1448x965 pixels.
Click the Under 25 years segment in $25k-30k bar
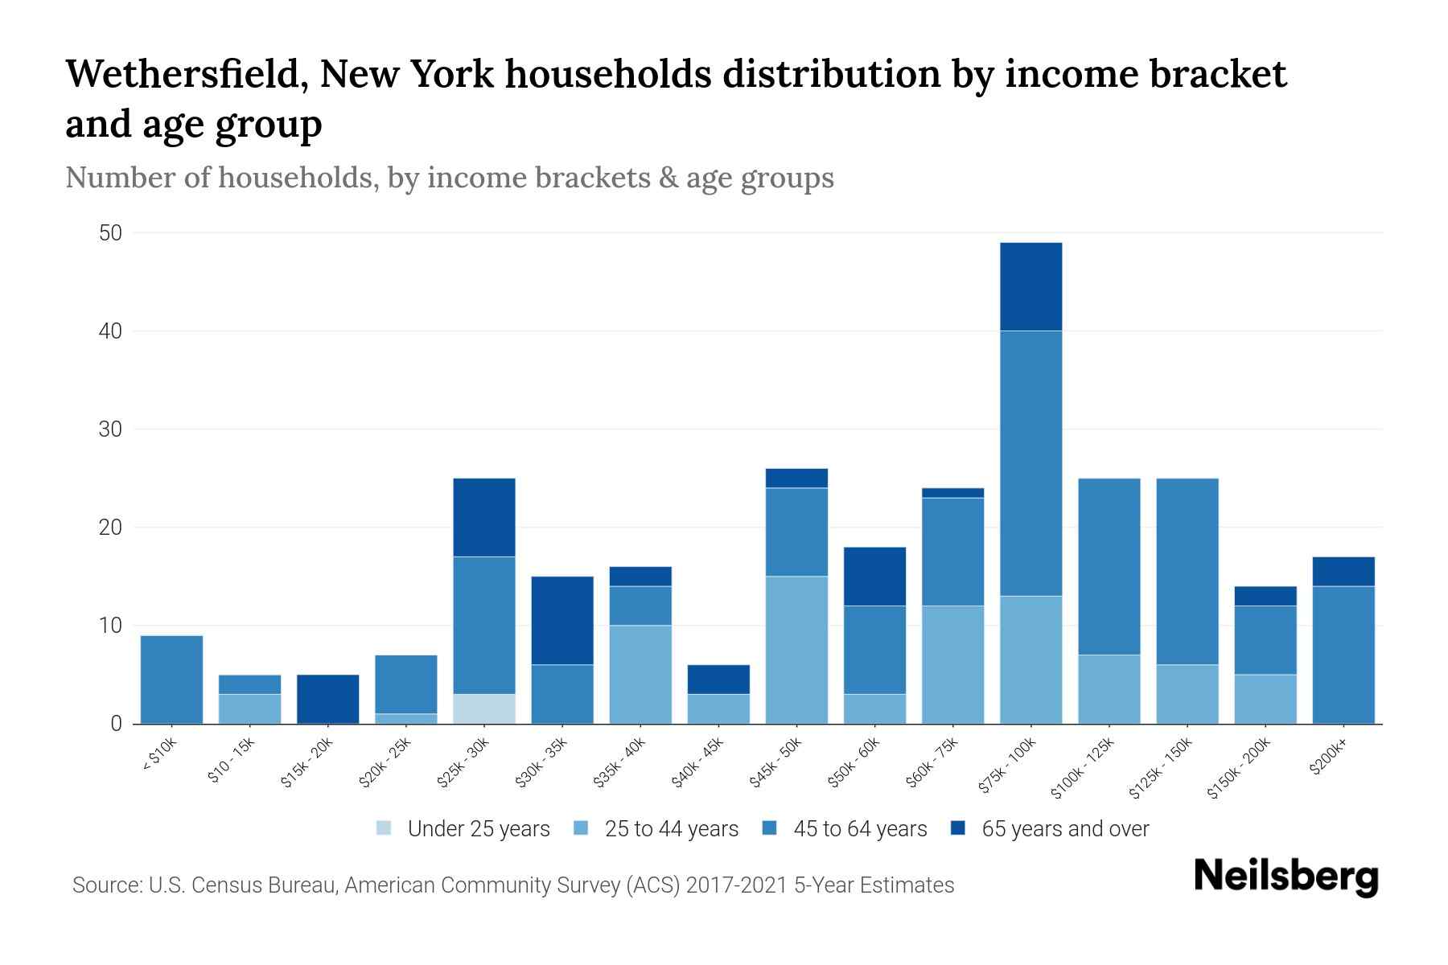(484, 708)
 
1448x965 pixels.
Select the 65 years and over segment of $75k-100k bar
(1030, 286)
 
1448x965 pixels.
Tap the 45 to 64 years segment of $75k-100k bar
(1030, 463)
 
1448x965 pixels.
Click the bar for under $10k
(171, 680)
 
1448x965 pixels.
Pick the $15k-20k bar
(328, 699)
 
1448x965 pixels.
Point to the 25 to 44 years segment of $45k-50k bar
(796, 650)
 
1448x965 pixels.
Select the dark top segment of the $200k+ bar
(1343, 572)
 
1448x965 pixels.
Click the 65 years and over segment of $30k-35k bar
(562, 620)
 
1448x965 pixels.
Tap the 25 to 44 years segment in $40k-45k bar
(718, 708)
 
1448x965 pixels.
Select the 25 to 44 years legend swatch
(581, 828)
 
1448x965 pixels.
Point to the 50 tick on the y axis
(110, 233)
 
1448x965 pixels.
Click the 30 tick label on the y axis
(110, 429)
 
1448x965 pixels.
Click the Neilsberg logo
(1286, 877)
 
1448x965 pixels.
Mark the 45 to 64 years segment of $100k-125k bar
(1109, 566)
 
